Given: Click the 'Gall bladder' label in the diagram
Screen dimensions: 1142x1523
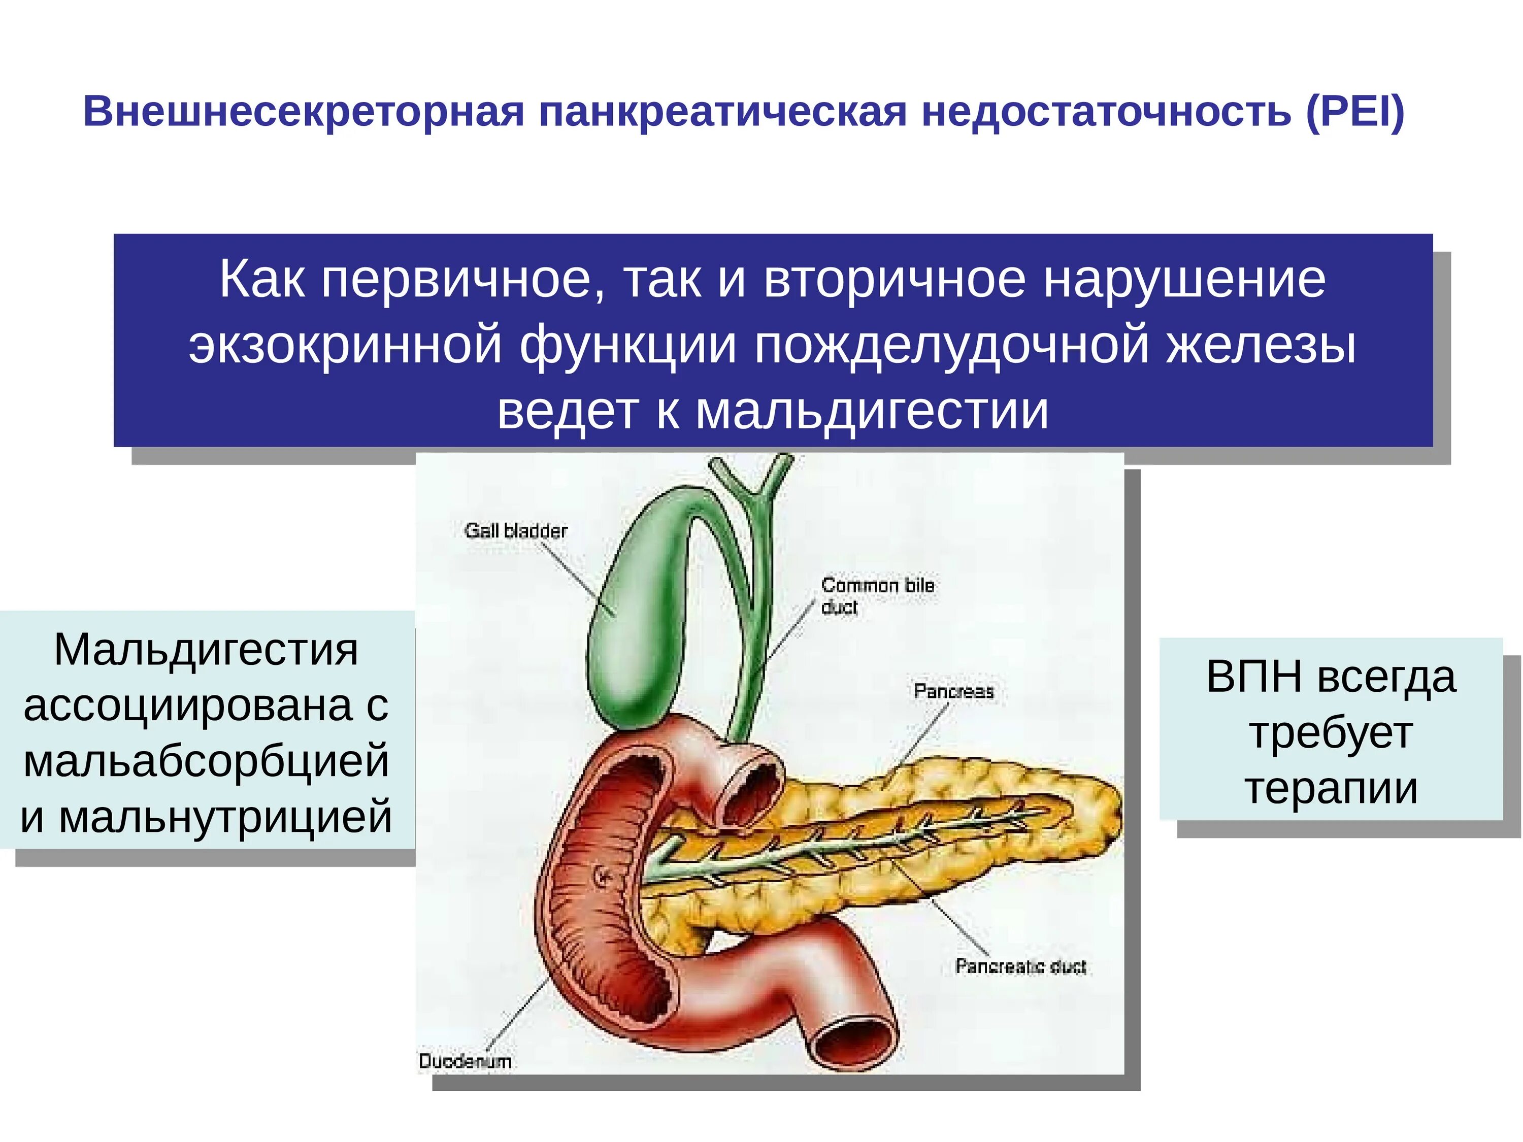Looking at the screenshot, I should pyautogui.click(x=516, y=531).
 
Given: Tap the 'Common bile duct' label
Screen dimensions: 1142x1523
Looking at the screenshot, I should pyautogui.click(x=877, y=596).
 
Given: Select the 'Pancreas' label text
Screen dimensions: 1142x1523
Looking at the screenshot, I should pyautogui.click(x=953, y=691).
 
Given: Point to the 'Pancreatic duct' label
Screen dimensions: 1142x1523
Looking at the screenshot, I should pyautogui.click(x=1020, y=966).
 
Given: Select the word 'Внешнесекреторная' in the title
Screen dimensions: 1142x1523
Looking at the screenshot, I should pyautogui.click(x=303, y=112).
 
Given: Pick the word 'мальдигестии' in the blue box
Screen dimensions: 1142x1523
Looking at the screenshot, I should pyautogui.click(x=872, y=411).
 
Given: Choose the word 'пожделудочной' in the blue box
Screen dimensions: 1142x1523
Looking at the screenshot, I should pyautogui.click(x=951, y=346).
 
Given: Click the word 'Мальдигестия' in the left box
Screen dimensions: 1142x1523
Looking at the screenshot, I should pyautogui.click(x=206, y=649).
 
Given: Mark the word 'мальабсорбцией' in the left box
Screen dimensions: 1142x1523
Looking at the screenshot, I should pyautogui.click(x=206, y=761).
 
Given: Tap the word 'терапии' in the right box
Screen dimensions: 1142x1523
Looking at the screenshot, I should pyautogui.click(x=1331, y=789).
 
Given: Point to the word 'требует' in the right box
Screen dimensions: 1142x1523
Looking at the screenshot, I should pyautogui.click(x=1331, y=733).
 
